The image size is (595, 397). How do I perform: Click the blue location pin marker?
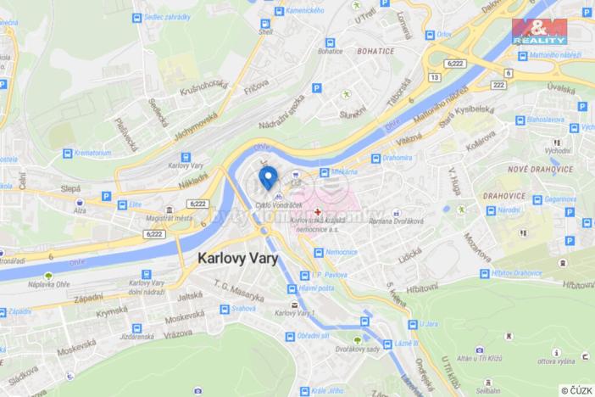(268, 178)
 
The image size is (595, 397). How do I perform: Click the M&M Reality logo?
(540, 29)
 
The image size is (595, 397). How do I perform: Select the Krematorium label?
(92, 153)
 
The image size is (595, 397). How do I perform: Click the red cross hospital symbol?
(318, 211)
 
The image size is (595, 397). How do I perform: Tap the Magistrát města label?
(194, 219)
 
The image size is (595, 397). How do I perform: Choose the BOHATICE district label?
(376, 51)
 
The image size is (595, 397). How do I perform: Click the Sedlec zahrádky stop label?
(166, 17)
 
